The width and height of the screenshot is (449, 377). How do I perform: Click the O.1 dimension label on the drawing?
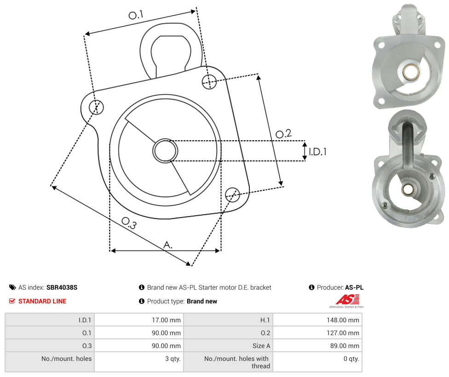pyautogui.click(x=136, y=15)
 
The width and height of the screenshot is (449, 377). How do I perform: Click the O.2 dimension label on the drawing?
pyautogui.click(x=283, y=133)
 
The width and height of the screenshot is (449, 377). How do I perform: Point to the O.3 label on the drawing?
pyautogui.click(x=129, y=223)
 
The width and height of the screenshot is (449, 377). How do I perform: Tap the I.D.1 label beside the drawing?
pyautogui.click(x=317, y=151)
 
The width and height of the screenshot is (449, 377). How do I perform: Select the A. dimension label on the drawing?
pyautogui.click(x=168, y=245)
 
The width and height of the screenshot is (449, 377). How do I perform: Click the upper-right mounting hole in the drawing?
pyautogui.click(x=209, y=81)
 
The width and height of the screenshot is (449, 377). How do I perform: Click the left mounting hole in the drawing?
pyautogui.click(x=96, y=107)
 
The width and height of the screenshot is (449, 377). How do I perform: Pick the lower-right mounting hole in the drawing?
pyautogui.click(x=232, y=194)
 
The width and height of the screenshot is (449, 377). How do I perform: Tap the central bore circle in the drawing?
pyautogui.click(x=165, y=151)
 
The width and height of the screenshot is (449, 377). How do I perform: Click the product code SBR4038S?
pyautogui.click(x=62, y=287)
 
